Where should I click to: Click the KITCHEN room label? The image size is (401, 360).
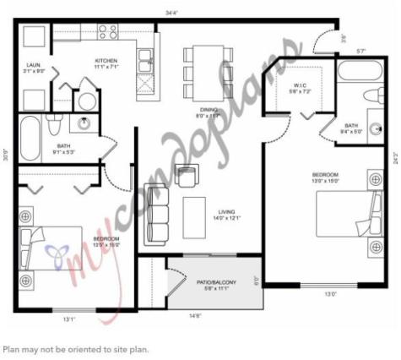[x=106, y=63]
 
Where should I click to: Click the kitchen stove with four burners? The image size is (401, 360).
[x=107, y=33]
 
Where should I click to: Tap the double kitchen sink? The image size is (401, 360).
[x=145, y=60]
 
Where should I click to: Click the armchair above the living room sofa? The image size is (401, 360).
[x=186, y=176]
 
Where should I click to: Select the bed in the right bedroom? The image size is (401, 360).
[x=345, y=215]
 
